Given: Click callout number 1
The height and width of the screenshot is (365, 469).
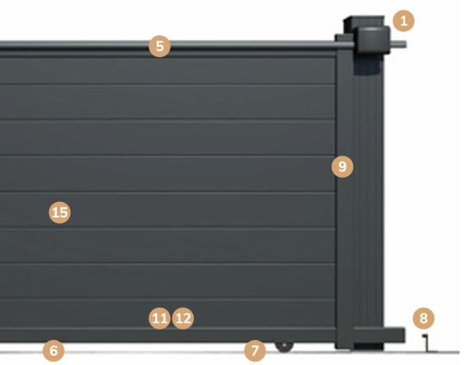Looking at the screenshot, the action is [x=403, y=21].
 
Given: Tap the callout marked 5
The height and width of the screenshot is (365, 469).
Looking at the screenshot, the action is [x=159, y=46].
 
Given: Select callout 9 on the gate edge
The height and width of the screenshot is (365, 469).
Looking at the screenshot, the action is [x=342, y=167].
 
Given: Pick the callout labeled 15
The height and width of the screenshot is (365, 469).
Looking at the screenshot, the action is [x=59, y=212].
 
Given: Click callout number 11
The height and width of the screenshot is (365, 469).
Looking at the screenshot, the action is [x=159, y=318].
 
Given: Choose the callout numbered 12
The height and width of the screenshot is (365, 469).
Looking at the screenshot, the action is [x=183, y=318].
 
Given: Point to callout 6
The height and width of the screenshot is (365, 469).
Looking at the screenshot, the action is [x=53, y=350].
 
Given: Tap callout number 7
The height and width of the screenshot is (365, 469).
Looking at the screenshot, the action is [x=255, y=350].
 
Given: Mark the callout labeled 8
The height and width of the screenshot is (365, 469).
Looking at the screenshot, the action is [x=423, y=318].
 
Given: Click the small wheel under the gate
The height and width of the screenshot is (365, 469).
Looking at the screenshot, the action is [x=285, y=347].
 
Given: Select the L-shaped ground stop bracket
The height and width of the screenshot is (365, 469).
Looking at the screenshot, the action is [x=427, y=343].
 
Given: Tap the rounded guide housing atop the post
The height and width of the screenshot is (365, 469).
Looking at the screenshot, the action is [x=373, y=40].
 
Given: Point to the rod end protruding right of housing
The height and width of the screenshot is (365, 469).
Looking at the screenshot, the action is [x=398, y=45].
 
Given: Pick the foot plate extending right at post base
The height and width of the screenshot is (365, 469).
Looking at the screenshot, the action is [x=379, y=335].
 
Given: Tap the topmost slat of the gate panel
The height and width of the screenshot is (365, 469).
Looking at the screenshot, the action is [x=167, y=72].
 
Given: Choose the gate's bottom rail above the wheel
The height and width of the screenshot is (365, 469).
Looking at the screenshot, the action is [x=167, y=335].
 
